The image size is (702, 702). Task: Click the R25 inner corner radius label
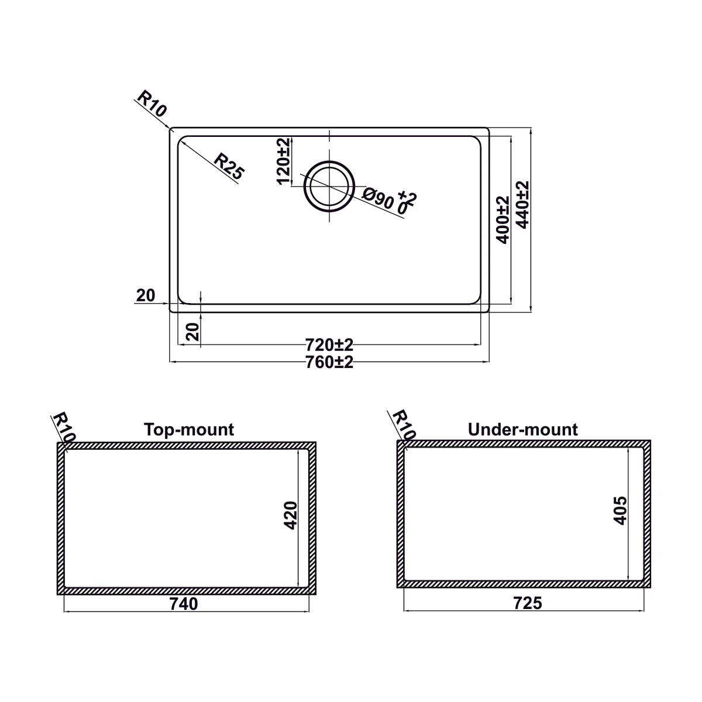228,165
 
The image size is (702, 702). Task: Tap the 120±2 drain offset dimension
283,161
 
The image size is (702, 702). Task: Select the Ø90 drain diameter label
378,199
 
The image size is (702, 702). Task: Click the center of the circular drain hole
329,187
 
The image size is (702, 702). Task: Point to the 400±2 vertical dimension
503,219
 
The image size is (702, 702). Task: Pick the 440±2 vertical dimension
522,204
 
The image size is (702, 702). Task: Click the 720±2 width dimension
329,343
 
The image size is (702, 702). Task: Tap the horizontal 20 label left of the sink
145,296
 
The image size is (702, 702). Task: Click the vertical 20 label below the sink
194,331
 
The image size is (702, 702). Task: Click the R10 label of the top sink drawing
152,104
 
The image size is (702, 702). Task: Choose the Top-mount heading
189,430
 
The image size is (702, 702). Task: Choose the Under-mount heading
522,430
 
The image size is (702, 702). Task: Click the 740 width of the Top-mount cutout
184,603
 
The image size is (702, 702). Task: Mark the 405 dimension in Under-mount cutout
621,510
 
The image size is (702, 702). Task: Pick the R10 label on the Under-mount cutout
403,425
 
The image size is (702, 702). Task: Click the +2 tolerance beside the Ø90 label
407,197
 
